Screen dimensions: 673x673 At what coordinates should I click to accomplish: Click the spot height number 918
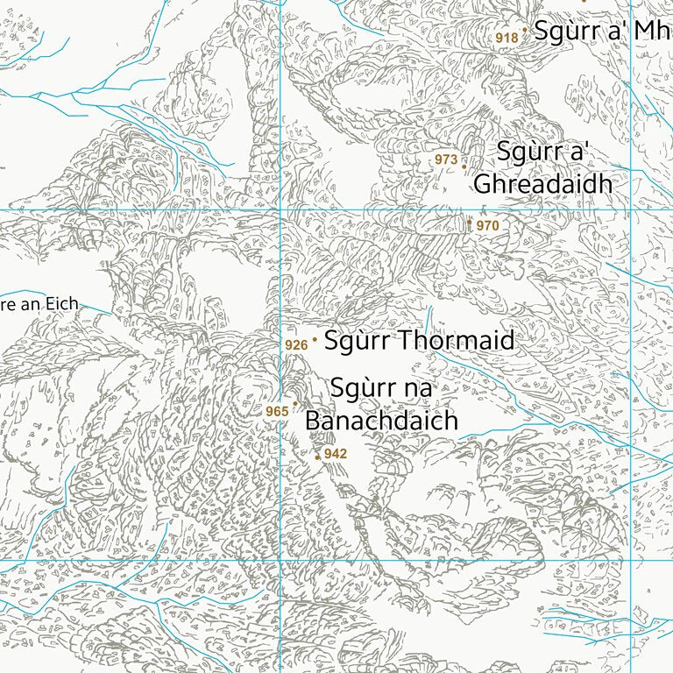pos(507,38)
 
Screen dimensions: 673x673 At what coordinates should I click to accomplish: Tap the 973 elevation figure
pos(446,159)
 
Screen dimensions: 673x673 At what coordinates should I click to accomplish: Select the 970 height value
pos(487,226)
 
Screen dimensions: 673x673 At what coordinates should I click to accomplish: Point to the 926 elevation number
pos(296,345)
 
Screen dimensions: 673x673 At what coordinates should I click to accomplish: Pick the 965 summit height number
pos(277,412)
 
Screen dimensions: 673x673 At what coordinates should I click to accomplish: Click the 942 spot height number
pos(336,454)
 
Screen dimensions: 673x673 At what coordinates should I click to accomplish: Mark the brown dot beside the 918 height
pos(524,31)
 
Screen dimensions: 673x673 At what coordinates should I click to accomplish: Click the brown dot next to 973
pos(464,165)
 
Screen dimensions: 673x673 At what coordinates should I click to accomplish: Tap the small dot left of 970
pos(470,222)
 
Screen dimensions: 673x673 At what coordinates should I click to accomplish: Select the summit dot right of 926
pos(315,340)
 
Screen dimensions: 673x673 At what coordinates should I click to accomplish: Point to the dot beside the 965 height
pos(295,403)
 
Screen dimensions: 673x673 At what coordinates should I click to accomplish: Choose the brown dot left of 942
pos(317,457)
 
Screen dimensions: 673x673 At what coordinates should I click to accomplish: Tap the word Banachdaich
pos(381,421)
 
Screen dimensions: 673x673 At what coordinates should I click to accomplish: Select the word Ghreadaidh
pos(542,185)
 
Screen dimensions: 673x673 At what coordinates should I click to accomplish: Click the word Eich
pos(63,304)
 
